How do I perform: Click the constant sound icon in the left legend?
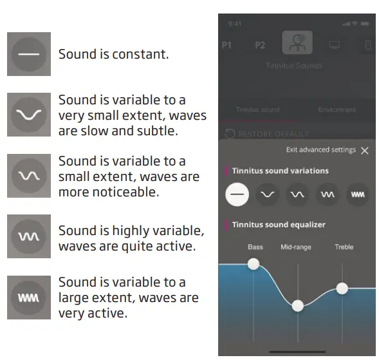[x=29, y=54]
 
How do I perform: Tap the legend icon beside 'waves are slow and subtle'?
[x=29, y=114]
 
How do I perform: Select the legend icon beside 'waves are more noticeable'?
[x=29, y=175]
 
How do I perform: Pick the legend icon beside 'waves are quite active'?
[x=29, y=237]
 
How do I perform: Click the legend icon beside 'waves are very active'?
[x=29, y=298]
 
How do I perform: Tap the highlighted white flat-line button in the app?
[x=237, y=194]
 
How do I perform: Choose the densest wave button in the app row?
[x=358, y=194]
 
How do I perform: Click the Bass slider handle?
[x=254, y=263]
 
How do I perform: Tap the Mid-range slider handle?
[x=297, y=306]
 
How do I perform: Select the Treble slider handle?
[x=342, y=288]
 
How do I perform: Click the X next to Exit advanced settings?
[x=365, y=151]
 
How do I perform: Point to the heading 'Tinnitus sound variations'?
[x=280, y=171]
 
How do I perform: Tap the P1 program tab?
[x=227, y=46]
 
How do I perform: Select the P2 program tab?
[x=260, y=46]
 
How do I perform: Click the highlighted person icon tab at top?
[x=297, y=43]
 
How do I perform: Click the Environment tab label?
[x=337, y=110]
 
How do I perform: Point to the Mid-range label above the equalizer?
[x=296, y=247]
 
